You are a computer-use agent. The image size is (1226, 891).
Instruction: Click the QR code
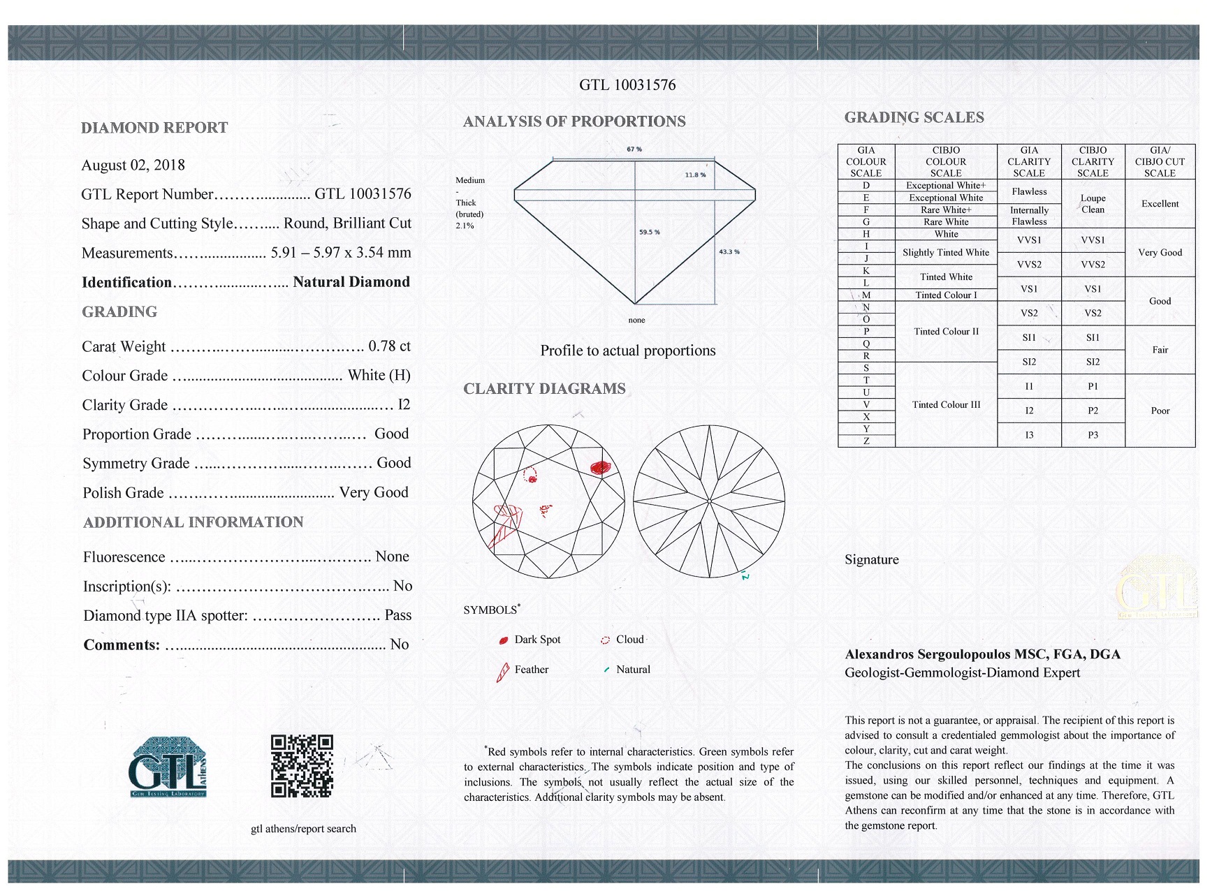(x=302, y=765)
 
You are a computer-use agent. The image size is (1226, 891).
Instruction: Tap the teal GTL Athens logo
(x=168, y=767)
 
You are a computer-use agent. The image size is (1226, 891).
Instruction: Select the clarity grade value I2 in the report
(x=404, y=405)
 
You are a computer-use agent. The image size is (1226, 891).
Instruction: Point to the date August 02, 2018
(x=133, y=165)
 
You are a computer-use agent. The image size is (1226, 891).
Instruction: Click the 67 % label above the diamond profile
(x=634, y=149)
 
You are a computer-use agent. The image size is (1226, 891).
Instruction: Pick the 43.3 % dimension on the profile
(x=729, y=251)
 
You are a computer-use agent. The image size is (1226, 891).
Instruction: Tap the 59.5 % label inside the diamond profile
(x=650, y=232)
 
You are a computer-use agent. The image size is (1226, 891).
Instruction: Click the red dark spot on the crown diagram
(x=600, y=468)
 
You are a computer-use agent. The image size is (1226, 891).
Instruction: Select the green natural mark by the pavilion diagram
(x=745, y=576)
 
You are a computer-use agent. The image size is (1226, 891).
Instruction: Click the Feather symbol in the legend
(x=502, y=672)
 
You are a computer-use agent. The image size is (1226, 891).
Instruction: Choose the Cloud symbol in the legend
(x=605, y=640)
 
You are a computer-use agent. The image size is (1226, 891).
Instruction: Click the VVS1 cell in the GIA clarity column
(x=1029, y=240)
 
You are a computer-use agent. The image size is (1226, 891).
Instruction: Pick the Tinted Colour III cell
(x=946, y=405)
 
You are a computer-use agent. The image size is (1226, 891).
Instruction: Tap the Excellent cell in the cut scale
(x=1160, y=204)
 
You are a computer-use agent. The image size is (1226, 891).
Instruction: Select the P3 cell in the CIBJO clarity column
(x=1093, y=435)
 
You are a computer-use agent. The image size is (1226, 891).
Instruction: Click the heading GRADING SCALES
(x=914, y=118)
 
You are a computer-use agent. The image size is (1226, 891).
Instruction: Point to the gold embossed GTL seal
(x=1157, y=588)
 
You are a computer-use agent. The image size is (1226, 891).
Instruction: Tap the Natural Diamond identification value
(x=351, y=282)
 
